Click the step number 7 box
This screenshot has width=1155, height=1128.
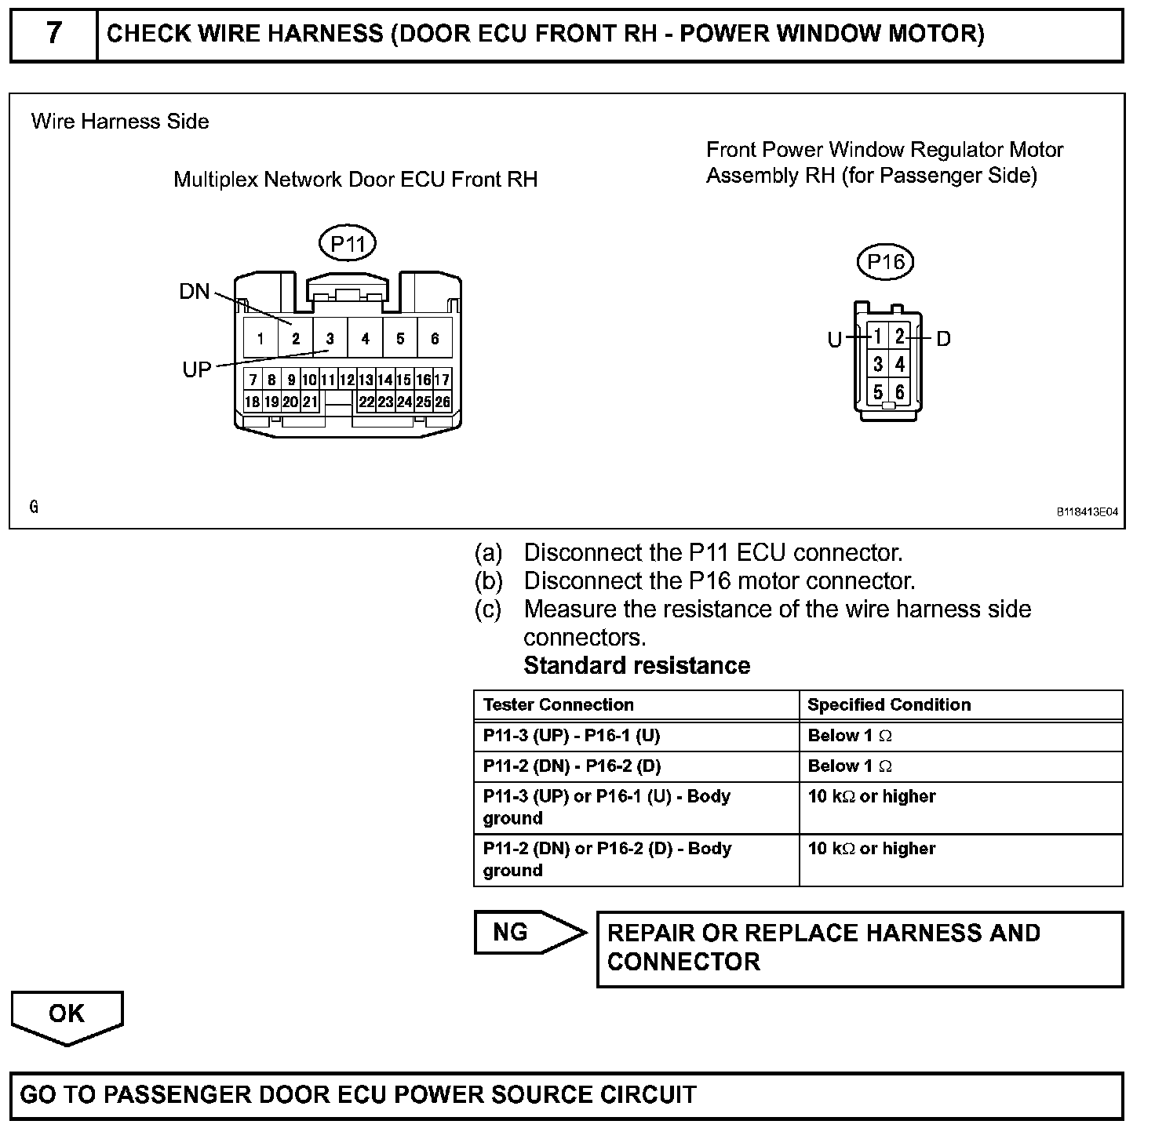[x=53, y=35]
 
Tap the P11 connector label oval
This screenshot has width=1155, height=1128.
[x=348, y=244]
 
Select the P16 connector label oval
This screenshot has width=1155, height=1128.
[x=886, y=261]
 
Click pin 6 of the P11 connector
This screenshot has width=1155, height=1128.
[x=435, y=339]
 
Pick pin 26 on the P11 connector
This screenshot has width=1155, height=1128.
[x=443, y=402]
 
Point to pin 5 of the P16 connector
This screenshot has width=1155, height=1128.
[x=878, y=391]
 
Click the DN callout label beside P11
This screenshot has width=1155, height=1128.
[x=195, y=292]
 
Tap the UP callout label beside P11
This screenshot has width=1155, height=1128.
[x=197, y=369]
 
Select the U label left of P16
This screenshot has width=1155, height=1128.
[x=835, y=340]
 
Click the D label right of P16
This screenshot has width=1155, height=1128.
[x=943, y=339]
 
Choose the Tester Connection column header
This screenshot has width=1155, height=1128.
[x=558, y=704]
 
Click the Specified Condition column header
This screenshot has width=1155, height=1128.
[x=889, y=704]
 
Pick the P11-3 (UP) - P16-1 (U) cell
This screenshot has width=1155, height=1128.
[x=571, y=736]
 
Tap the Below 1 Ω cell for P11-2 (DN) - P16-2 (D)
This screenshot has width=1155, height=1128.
[x=850, y=766]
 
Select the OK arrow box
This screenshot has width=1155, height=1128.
[x=67, y=1015]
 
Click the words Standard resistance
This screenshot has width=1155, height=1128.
[x=636, y=665]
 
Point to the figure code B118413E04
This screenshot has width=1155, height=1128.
[x=1087, y=512]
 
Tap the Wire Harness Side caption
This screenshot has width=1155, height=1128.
[x=120, y=122]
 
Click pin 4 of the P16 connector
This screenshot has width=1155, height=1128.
[x=900, y=364]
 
